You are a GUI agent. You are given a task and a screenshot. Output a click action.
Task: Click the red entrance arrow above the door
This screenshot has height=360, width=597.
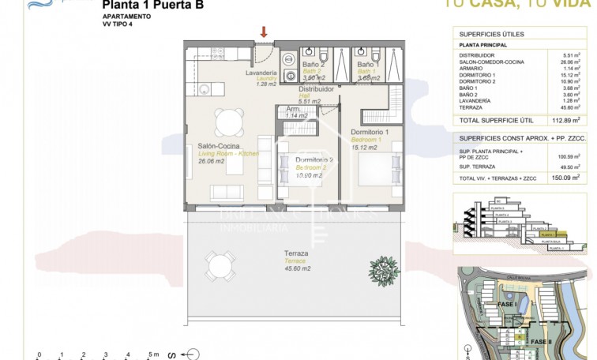[264, 32]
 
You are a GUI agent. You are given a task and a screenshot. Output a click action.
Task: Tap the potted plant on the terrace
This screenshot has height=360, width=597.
[385, 271]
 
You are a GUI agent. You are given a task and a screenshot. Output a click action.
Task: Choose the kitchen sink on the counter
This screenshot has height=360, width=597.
[202, 88]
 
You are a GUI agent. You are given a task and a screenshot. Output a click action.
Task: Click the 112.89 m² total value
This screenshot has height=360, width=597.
[565, 121]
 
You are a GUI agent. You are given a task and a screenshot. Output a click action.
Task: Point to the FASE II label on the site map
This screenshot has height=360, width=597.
[540, 340]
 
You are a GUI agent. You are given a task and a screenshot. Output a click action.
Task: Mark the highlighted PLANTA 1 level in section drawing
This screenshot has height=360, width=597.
[545, 234]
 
